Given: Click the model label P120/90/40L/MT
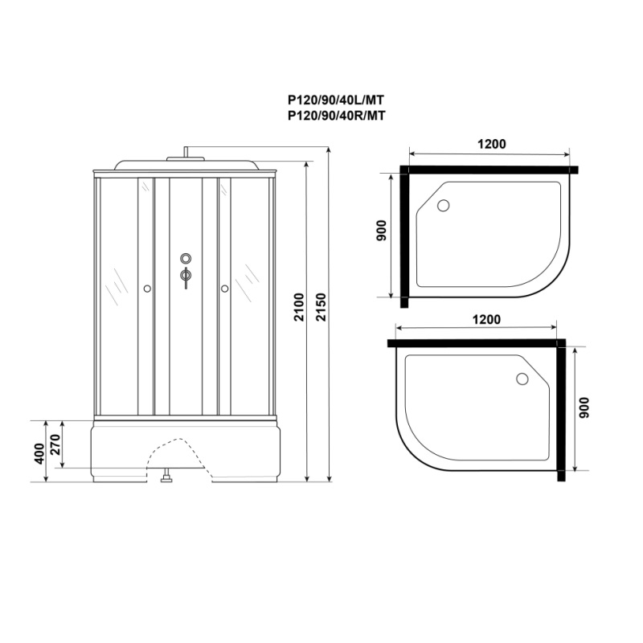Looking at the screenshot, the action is point(336,100).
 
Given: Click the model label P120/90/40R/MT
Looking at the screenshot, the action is point(336,116).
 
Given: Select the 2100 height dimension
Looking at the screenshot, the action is point(300,307).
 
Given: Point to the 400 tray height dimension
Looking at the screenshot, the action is point(39,453).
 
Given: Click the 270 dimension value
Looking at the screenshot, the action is point(55,444).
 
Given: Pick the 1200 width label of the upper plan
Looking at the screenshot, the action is point(492,144).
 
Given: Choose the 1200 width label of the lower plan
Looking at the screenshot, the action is point(486,319).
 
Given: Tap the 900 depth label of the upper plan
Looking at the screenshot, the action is point(381,231).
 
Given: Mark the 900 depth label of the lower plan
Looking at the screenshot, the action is point(584,408).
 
